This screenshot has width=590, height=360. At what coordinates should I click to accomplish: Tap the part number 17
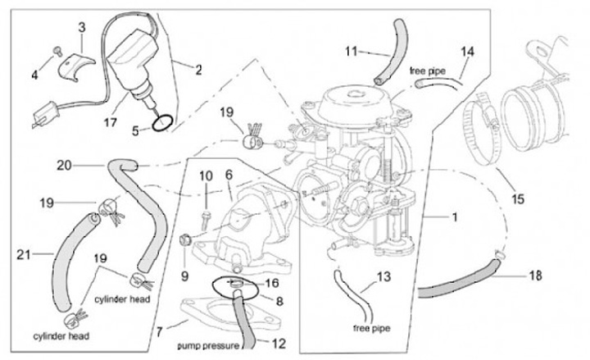pyautogui.click(x=111, y=122)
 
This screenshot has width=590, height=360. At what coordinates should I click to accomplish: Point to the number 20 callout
pyautogui.click(x=64, y=165)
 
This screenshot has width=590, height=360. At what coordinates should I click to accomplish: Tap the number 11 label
pyautogui.click(x=351, y=51)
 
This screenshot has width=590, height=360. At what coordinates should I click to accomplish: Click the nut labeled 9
pyautogui.click(x=184, y=240)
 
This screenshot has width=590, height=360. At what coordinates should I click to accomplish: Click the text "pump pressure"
pyautogui.click(x=208, y=345)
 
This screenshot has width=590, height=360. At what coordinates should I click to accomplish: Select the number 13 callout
pyautogui.click(x=383, y=277)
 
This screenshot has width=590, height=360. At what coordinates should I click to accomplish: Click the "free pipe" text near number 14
pyautogui.click(x=427, y=71)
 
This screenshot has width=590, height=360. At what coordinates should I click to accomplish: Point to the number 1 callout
pyautogui.click(x=455, y=217)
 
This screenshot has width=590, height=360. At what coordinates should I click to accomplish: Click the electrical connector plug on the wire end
pyautogui.click(x=45, y=113)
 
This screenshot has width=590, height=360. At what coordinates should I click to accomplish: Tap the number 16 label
pyautogui.click(x=272, y=283)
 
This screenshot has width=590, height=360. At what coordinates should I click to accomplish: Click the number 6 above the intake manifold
pyautogui.click(x=229, y=175)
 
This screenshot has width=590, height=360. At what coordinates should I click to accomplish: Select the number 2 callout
pyautogui.click(x=198, y=70)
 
